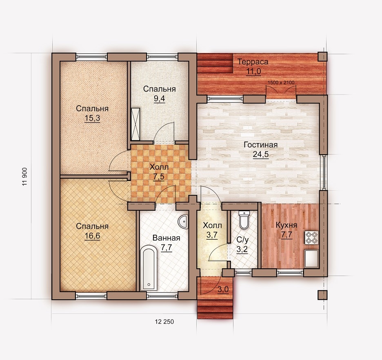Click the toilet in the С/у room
coord(244,220)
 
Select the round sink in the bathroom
coord(183,222)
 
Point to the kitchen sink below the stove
coord(311,258)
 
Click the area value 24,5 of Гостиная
coord(261,155)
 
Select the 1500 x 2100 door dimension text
coord(281,82)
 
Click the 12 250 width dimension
coord(164,322)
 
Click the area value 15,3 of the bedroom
coord(92,118)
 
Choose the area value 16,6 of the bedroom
coord(92,236)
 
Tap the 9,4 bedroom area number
coord(159,99)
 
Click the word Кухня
coord(286,225)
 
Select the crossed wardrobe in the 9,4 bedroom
coord(135,124)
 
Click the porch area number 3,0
coord(223,289)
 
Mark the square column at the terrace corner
coord(322,57)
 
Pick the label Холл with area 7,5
coord(159,167)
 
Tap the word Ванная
coord(167,238)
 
